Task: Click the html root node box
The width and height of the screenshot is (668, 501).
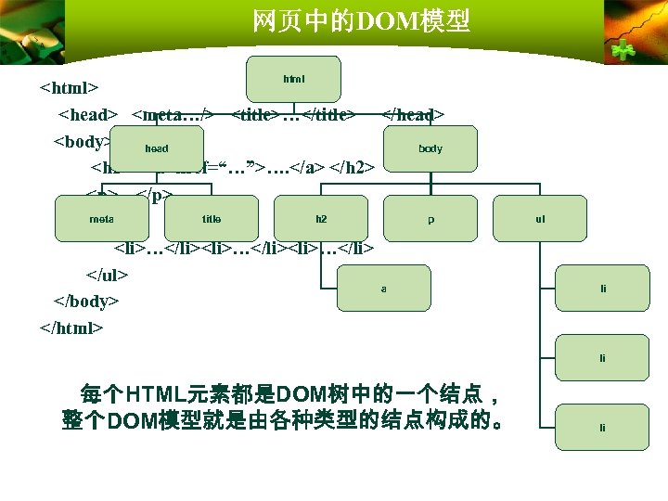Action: click(x=294, y=79)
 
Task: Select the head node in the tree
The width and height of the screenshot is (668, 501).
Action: click(x=156, y=148)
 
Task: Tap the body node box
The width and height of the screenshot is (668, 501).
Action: click(x=430, y=148)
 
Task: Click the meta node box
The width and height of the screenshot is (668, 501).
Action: click(x=101, y=219)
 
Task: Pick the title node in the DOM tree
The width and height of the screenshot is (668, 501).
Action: click(x=212, y=219)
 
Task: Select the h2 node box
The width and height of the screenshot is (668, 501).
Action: click(x=321, y=219)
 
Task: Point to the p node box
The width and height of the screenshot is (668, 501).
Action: click(x=430, y=219)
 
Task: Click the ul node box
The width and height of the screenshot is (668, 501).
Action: click(x=540, y=219)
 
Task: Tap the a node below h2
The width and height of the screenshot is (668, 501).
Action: click(x=384, y=288)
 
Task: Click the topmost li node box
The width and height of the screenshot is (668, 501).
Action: click(x=603, y=288)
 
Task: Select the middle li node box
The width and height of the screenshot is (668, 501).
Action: click(x=603, y=357)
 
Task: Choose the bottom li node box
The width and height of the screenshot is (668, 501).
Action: click(x=603, y=427)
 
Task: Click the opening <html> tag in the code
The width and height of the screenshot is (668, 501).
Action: click(x=70, y=89)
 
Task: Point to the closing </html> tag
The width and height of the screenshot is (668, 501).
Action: click(x=73, y=328)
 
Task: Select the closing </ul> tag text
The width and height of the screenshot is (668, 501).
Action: click(x=107, y=275)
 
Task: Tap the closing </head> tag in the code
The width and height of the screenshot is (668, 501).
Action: click(x=414, y=114)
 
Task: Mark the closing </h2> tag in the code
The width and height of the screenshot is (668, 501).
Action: click(x=353, y=168)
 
